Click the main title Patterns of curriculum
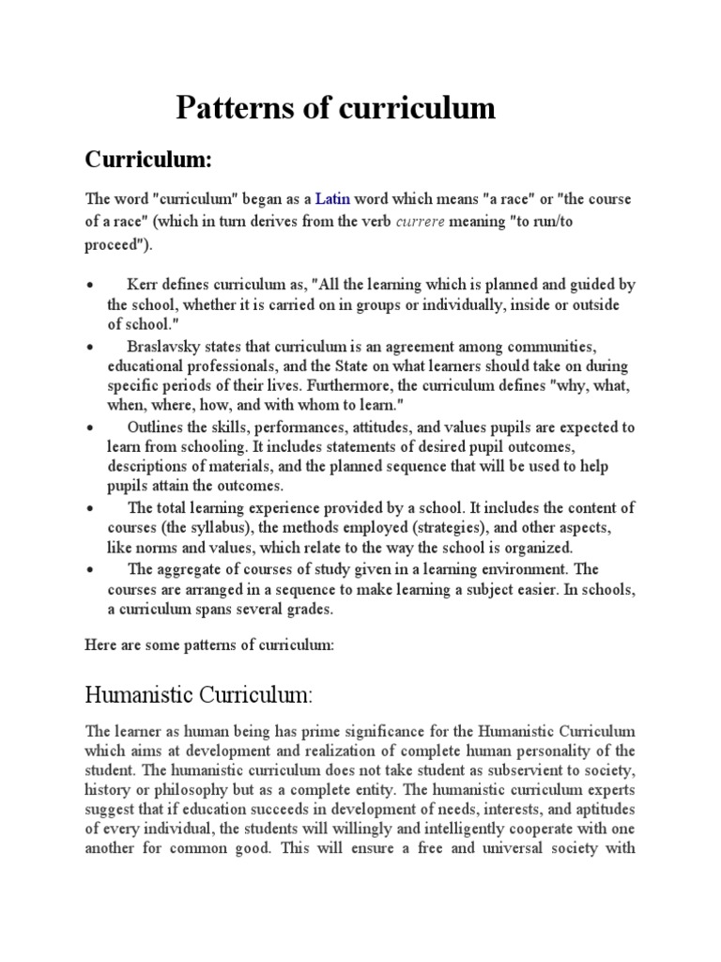(x=335, y=109)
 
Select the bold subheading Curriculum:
(x=149, y=160)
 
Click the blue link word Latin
(x=331, y=199)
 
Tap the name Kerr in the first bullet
(x=143, y=285)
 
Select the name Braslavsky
(x=162, y=347)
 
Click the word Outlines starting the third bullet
(x=158, y=426)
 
